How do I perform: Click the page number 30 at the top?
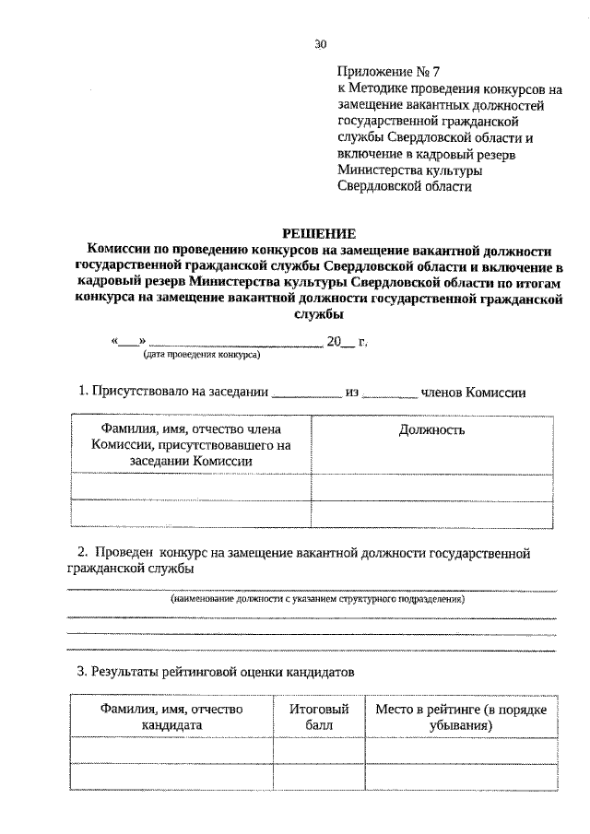point(320,43)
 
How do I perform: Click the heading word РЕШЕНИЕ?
point(319,234)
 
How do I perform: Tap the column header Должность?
point(431,429)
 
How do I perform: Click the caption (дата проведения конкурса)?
point(201,354)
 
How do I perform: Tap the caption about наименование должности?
point(317,599)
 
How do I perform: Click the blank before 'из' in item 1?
point(306,394)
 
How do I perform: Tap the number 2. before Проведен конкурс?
point(83,552)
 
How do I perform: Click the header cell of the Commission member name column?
point(191,445)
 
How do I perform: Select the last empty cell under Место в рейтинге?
point(461,777)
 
